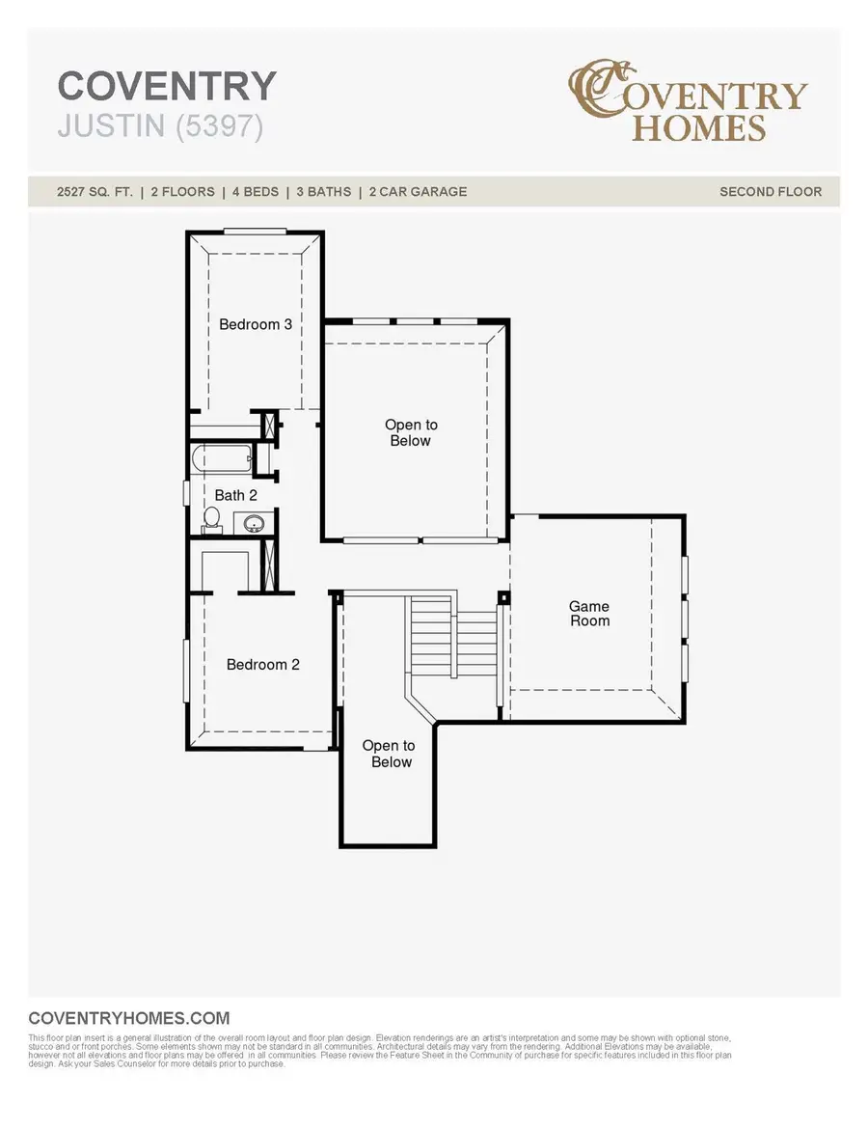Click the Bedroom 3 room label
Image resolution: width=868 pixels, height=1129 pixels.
click(x=256, y=324)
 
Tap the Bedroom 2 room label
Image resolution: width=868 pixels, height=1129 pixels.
click(x=263, y=665)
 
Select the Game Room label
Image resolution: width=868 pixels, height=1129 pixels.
click(x=589, y=614)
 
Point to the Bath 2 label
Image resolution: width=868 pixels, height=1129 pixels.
click(x=237, y=495)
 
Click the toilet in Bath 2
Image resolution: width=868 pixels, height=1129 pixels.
click(x=211, y=520)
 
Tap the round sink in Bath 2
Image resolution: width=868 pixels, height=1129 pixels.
click(x=255, y=524)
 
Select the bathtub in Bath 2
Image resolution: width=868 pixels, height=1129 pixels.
click(x=222, y=458)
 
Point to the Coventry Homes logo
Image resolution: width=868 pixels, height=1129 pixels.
click(x=687, y=101)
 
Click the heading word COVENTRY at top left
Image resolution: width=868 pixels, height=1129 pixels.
click(x=167, y=87)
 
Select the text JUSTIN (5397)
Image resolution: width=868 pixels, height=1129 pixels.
click(x=160, y=126)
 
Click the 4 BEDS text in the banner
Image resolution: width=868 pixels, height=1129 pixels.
click(x=256, y=192)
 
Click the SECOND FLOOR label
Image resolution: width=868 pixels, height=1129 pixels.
click(x=771, y=192)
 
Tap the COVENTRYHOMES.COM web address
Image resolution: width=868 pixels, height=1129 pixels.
click(x=129, y=1018)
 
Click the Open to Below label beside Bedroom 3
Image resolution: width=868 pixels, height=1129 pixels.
click(x=411, y=433)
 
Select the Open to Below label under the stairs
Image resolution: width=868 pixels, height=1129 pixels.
click(x=389, y=754)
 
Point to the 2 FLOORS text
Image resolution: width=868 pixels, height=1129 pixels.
click(x=182, y=192)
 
